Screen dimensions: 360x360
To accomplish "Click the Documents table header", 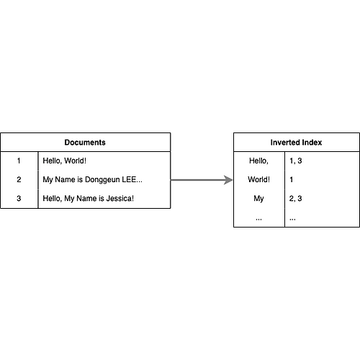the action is pyautogui.click(x=85, y=143).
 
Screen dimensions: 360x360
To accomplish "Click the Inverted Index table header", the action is pyautogui.click(x=296, y=143).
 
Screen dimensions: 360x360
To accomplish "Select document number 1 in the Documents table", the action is pyautogui.click(x=19, y=161).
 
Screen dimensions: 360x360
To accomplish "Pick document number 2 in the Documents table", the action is pyautogui.click(x=19, y=179).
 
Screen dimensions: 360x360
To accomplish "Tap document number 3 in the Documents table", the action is pyautogui.click(x=19, y=198).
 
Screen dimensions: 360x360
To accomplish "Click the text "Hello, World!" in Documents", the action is pyautogui.click(x=64, y=161).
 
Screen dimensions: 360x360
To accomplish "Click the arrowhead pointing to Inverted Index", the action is pyautogui.click(x=228, y=180).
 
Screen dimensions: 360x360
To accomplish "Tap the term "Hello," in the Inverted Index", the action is pyautogui.click(x=258, y=161).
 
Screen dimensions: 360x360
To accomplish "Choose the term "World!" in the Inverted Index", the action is pyautogui.click(x=258, y=179).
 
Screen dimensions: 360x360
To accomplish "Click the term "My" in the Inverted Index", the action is pyautogui.click(x=258, y=199).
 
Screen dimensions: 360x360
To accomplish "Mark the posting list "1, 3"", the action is pyautogui.click(x=295, y=161).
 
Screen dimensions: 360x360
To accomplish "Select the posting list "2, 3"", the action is pyautogui.click(x=295, y=198).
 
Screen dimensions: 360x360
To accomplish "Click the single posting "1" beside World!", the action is pyautogui.click(x=292, y=179).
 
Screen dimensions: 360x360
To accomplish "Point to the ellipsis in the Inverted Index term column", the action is pyautogui.click(x=258, y=219).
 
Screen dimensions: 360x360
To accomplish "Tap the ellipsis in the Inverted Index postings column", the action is pyautogui.click(x=292, y=219).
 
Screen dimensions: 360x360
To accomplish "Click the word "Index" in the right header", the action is pyautogui.click(x=312, y=143).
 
